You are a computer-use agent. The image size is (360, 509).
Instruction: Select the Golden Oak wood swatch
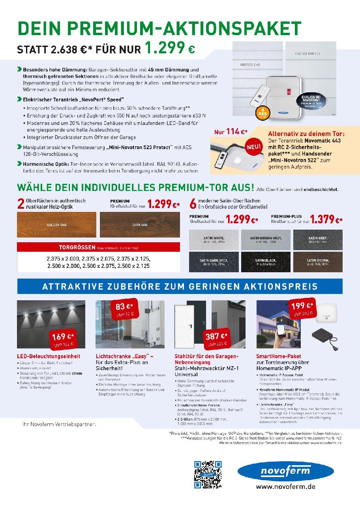pos(56,225)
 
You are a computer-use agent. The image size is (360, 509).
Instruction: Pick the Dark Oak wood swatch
pos(139,225)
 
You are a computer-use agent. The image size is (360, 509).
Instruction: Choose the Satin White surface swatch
pos(214,240)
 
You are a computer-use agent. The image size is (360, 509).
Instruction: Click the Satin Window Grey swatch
pos(266,240)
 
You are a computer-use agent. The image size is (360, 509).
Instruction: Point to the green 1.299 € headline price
pos(170,49)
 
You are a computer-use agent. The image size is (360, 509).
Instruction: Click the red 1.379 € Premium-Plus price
pos(326,219)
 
